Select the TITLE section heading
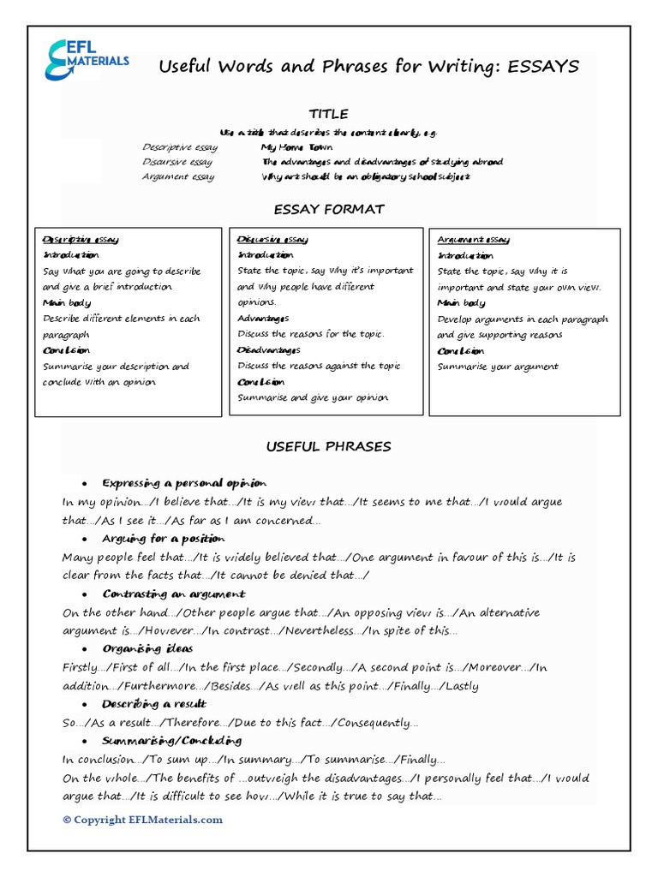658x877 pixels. click(328, 114)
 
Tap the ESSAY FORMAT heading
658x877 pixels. click(328, 209)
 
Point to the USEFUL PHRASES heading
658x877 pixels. click(328, 446)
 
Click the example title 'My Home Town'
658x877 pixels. click(296, 147)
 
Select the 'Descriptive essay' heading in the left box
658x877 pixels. click(81, 240)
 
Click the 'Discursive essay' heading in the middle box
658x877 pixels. click(272, 240)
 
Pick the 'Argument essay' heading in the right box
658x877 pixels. click(473, 240)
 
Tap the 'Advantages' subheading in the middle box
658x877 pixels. click(263, 319)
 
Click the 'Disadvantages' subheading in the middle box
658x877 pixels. click(268, 350)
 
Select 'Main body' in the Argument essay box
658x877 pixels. click(461, 303)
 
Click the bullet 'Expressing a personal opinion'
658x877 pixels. click(184, 483)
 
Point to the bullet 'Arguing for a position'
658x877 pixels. click(163, 539)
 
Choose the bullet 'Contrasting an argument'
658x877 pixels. click(174, 594)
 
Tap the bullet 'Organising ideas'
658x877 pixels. click(147, 648)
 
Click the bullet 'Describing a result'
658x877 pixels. click(154, 704)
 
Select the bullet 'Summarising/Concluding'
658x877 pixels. click(171, 741)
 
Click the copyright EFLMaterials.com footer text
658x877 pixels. click(142, 820)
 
